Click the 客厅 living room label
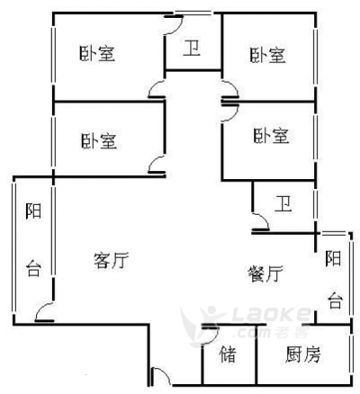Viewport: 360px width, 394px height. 111,260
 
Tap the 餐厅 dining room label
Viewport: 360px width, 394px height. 265,273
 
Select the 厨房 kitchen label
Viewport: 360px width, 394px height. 303,354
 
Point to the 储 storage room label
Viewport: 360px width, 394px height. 228,354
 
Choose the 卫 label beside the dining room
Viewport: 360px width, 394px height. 283,204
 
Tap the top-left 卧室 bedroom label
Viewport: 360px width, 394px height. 97,53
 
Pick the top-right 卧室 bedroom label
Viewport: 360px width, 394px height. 267,55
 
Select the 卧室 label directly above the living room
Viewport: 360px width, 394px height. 99,141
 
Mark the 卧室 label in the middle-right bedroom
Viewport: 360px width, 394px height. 271,136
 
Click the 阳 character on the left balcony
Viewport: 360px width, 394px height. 33,211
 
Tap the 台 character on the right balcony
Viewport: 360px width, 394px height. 335,300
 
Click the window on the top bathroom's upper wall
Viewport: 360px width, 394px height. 193,13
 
